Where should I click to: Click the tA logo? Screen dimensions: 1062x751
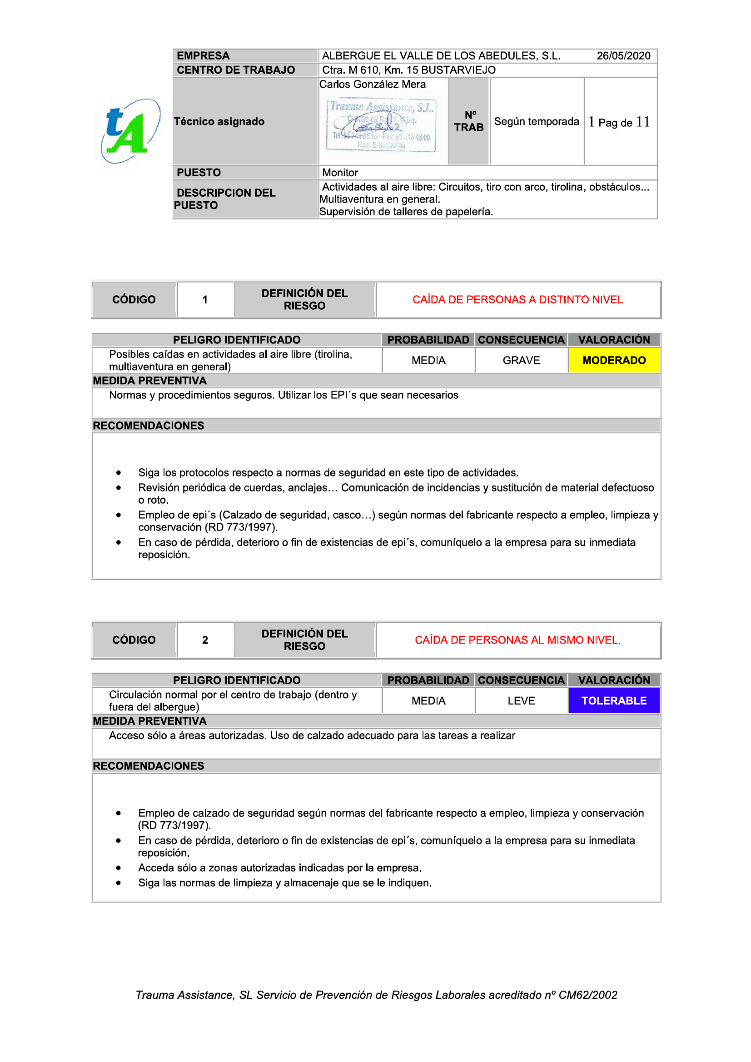130,131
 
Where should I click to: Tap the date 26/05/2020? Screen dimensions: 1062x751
623,56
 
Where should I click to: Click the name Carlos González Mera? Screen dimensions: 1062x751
373,84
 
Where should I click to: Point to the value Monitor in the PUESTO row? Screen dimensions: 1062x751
340,173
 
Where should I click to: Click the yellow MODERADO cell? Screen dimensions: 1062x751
614,360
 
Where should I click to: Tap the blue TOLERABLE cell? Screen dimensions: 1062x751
614,701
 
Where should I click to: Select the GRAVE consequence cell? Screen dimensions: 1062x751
521,360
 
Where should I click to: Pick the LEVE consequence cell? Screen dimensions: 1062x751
521,701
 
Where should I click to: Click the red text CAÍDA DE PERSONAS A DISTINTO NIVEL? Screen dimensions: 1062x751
517,300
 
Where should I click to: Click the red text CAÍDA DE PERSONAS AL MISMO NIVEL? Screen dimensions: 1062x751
517,640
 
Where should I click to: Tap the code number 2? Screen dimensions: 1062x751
205,640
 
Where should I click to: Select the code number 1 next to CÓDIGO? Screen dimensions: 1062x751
205,300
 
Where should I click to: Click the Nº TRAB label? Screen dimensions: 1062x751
469,121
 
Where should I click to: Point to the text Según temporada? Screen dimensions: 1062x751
536,122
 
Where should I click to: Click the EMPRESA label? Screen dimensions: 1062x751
203,56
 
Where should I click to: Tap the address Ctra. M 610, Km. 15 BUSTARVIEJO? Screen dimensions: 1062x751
408,70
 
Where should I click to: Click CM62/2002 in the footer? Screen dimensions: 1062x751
587,995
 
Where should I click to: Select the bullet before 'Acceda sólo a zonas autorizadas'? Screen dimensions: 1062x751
119,868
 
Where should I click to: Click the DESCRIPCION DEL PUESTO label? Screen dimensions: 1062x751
225,199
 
